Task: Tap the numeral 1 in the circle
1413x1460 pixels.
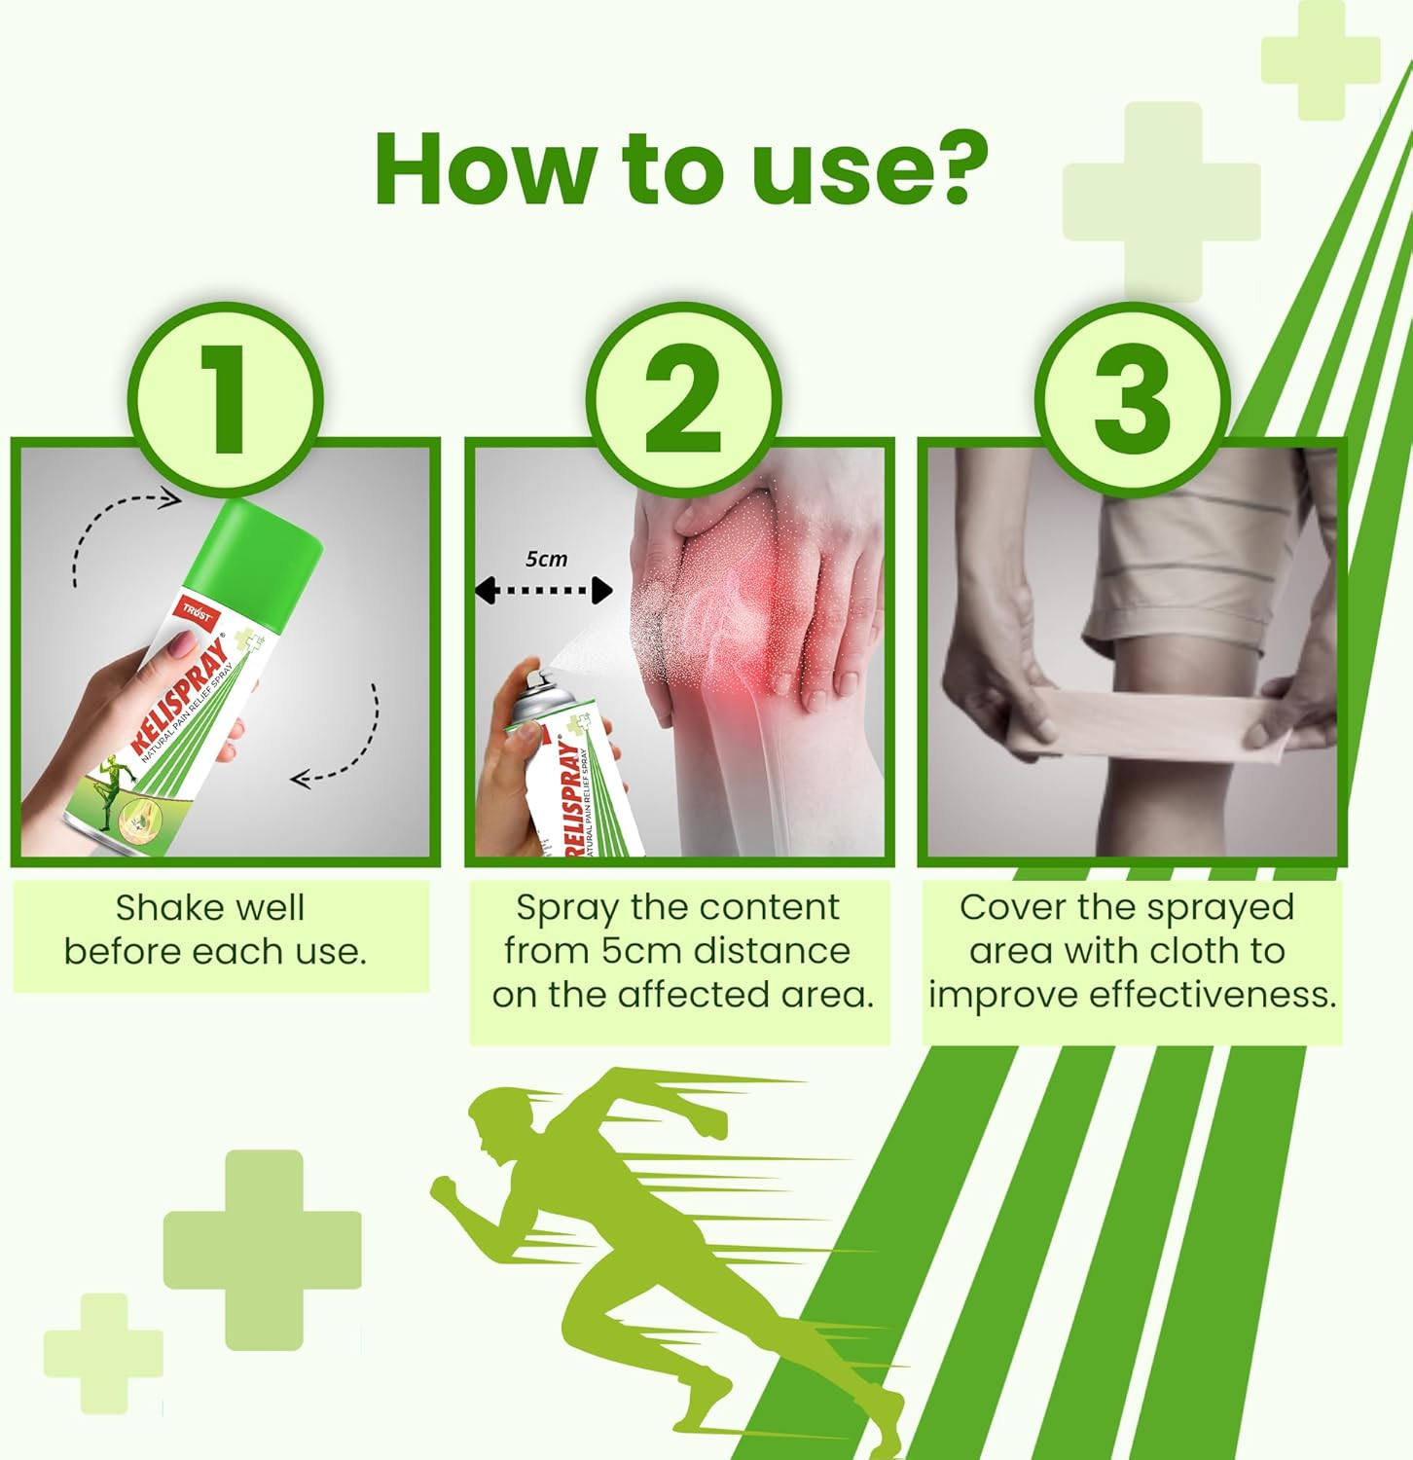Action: click(x=226, y=399)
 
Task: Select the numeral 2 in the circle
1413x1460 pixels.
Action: click(x=683, y=399)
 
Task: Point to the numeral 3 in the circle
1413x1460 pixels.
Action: click(x=1131, y=399)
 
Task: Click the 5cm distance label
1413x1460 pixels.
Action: click(x=546, y=559)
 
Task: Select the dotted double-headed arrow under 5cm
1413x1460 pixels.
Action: click(x=543, y=590)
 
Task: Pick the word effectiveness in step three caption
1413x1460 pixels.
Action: click(x=1213, y=995)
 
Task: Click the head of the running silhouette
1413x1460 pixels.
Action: click(x=496, y=1122)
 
